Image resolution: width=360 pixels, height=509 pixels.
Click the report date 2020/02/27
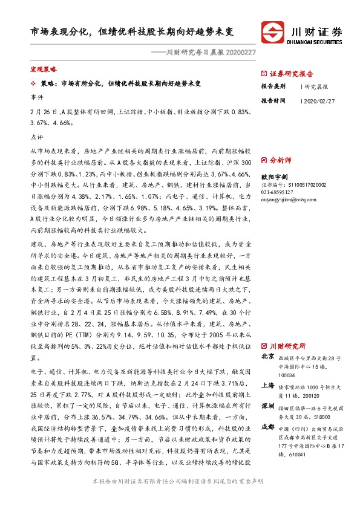(318, 100)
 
